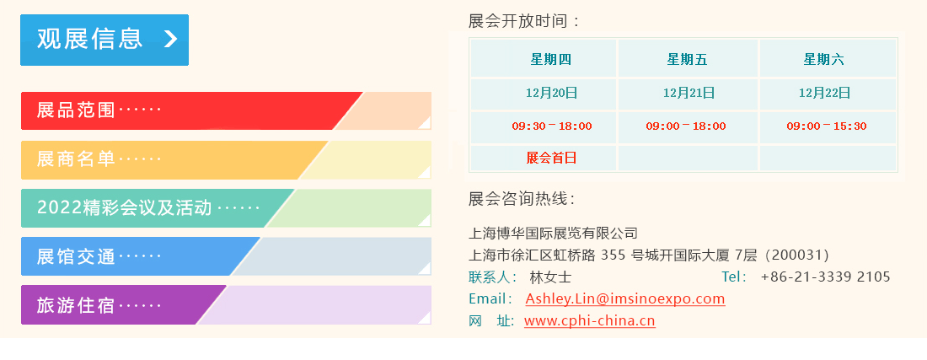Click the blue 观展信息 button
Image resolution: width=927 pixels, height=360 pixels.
click(104, 40)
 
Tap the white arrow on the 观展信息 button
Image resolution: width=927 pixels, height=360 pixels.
click(170, 39)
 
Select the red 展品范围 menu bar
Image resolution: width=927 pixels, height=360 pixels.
click(226, 110)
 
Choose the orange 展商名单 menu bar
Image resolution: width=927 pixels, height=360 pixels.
click(226, 159)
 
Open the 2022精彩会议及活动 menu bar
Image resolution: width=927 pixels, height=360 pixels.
click(226, 208)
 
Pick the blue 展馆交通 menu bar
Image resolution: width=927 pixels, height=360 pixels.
click(226, 256)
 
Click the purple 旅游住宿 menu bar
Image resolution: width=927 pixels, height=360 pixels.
click(226, 305)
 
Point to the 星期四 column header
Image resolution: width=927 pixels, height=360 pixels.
click(551, 59)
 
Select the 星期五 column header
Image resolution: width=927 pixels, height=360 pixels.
click(688, 59)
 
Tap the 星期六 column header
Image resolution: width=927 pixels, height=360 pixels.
click(823, 59)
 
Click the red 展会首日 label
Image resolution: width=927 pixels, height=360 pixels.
click(551, 158)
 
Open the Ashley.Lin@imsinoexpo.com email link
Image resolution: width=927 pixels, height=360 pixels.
click(625, 298)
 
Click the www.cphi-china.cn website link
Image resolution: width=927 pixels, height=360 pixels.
click(590, 321)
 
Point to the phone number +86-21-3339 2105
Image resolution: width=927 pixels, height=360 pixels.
click(825, 277)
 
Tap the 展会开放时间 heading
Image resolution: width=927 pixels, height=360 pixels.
click(524, 22)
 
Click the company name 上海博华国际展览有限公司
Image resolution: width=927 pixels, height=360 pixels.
click(553, 233)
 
